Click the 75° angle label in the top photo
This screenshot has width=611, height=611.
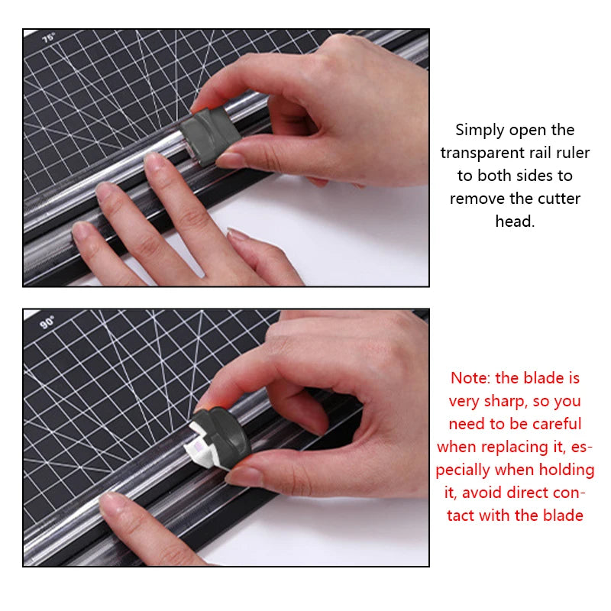pyautogui.click(x=49, y=37)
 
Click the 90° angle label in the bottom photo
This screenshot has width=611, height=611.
pyautogui.click(x=47, y=322)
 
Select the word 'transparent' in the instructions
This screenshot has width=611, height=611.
pyautogui.click(x=483, y=153)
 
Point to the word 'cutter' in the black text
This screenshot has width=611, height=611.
pyautogui.click(x=558, y=199)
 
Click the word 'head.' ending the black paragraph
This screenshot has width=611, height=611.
pyautogui.click(x=515, y=221)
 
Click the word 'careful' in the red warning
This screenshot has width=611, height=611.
pyautogui.click(x=557, y=424)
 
